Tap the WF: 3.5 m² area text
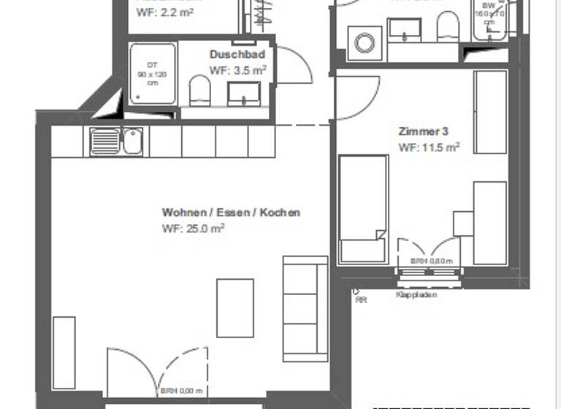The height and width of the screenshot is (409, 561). [x=237, y=70]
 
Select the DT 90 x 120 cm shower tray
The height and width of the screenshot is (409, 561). [x=153, y=74]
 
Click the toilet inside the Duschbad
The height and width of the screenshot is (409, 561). [x=199, y=91]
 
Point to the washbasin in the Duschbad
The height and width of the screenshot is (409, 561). [x=244, y=93]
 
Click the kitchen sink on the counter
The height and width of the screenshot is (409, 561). [x=117, y=140]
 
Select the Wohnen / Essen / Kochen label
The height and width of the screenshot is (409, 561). [x=231, y=213]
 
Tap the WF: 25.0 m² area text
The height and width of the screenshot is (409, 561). [x=193, y=228]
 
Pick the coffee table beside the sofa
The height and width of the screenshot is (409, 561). [x=235, y=307]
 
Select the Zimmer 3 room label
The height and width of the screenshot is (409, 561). [x=423, y=132]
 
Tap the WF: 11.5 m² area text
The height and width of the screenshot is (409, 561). [x=429, y=147]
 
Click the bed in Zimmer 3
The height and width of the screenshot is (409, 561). [x=362, y=209]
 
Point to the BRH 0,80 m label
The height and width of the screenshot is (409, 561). [x=431, y=261]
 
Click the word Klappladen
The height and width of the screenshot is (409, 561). [x=416, y=295]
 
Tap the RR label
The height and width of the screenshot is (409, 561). [x=360, y=299]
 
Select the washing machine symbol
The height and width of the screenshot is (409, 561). [x=365, y=42]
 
